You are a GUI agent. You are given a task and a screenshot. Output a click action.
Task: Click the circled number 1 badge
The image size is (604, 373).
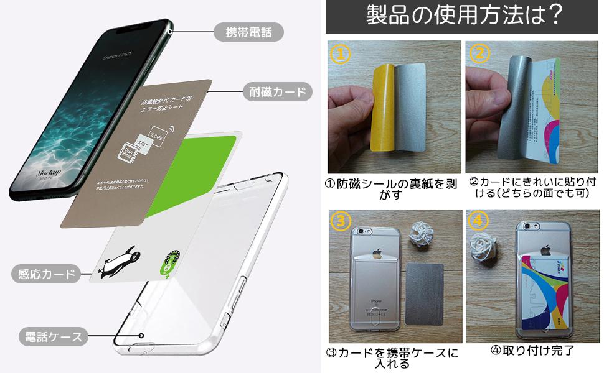click(340, 55)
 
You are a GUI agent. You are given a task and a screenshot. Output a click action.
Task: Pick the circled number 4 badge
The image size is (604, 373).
click(478, 222)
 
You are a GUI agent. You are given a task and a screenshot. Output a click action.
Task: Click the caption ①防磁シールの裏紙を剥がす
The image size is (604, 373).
click(394, 189)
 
